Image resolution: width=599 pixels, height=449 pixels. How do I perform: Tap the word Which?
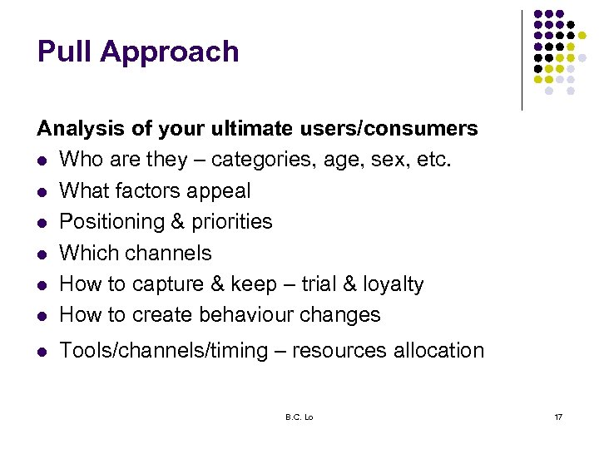[88, 253]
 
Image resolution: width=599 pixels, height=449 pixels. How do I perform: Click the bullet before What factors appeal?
[42, 192]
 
